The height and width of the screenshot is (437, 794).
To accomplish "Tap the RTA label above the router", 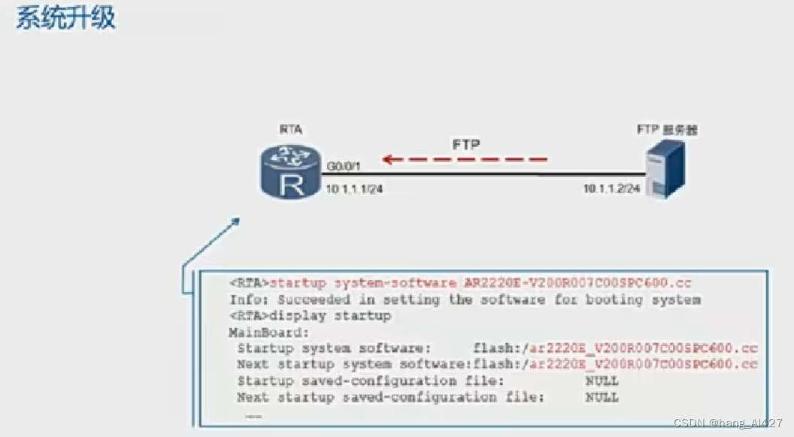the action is coord(291,130).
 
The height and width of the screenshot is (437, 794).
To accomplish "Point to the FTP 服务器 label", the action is coord(667,130).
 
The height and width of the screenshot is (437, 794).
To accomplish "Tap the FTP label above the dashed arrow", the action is coord(465,143).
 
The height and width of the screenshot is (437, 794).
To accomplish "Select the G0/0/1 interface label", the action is coord(345,164).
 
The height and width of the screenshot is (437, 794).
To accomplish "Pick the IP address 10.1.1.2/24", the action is coord(612,188).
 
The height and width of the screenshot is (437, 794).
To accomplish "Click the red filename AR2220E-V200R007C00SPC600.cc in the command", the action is coord(577,283).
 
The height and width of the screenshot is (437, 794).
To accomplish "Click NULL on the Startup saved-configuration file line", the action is coord(602,381).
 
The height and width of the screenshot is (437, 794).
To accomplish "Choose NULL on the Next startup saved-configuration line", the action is coord(602,396).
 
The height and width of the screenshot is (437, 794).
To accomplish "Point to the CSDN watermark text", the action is coord(728,423).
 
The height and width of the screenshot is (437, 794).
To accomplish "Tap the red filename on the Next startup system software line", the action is coord(644,364).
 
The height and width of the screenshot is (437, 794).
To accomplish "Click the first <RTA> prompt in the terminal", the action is coord(249,283).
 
